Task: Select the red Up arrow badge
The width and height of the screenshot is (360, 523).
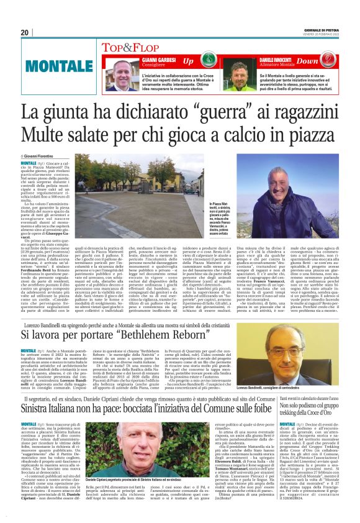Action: click(x=188, y=61)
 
